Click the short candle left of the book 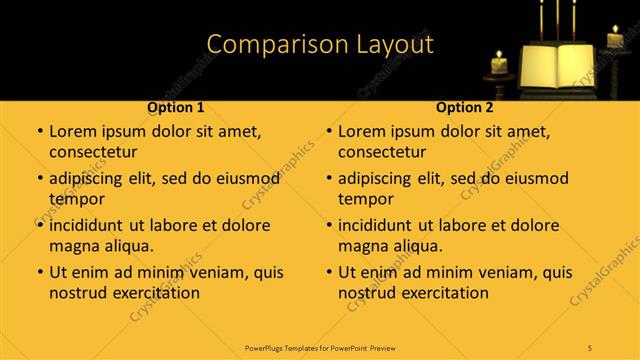[x=499, y=66]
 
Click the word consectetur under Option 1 [x=93, y=152]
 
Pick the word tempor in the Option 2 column [x=364, y=199]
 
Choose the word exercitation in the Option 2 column [x=443, y=293]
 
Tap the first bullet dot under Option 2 [x=328, y=132]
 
